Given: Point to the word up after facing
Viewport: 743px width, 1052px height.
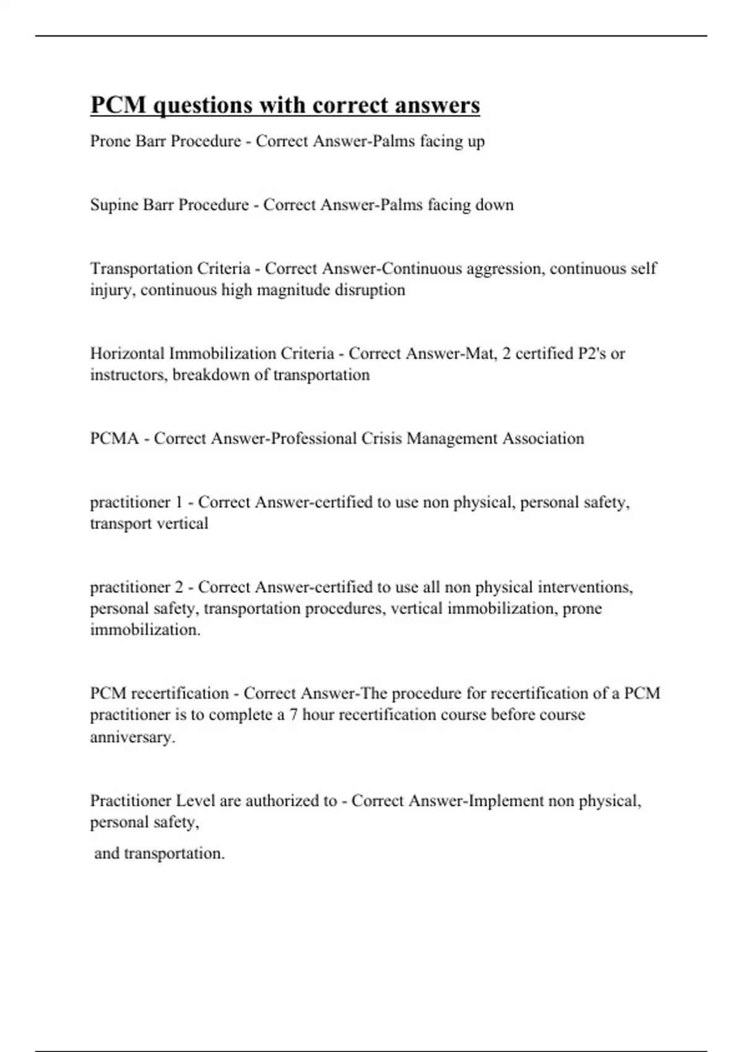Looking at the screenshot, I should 476,142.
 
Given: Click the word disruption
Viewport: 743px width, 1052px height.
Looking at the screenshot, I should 370,290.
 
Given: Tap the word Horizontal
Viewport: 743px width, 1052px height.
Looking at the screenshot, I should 127,353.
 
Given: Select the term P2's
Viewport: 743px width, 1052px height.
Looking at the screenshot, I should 591,353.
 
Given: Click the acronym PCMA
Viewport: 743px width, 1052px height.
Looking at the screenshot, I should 115,439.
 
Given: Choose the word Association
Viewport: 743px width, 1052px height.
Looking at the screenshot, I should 543,439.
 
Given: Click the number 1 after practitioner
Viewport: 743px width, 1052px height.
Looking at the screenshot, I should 179,502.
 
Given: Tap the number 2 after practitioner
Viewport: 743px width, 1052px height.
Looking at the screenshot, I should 179,587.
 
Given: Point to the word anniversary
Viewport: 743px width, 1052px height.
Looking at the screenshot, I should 133,737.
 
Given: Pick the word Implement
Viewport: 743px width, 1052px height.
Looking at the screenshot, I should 506,801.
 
